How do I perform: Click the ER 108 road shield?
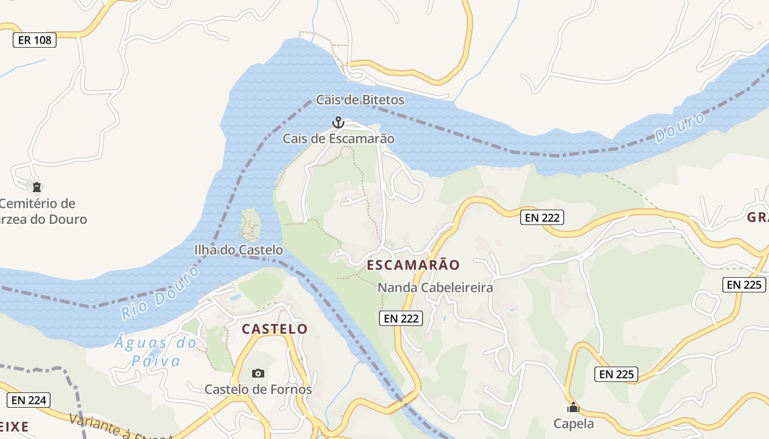[35, 40]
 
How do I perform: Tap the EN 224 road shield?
[29, 400]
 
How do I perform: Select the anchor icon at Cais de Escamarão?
[338, 122]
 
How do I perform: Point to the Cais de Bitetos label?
[360, 100]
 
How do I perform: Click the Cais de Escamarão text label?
[338, 139]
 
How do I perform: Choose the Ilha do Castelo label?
[238, 250]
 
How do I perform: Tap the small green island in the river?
[250, 224]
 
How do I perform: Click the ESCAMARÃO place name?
[413, 265]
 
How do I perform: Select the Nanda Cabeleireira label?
[435, 288]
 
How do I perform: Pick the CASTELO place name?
[275, 329]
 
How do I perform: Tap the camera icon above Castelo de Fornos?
[258, 374]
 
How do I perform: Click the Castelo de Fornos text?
[258, 390]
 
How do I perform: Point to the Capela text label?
[573, 424]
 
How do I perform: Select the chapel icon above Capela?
[573, 408]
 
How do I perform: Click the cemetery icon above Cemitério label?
[36, 187]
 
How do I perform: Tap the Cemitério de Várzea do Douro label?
[41, 212]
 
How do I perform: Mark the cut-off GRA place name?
[758, 217]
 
